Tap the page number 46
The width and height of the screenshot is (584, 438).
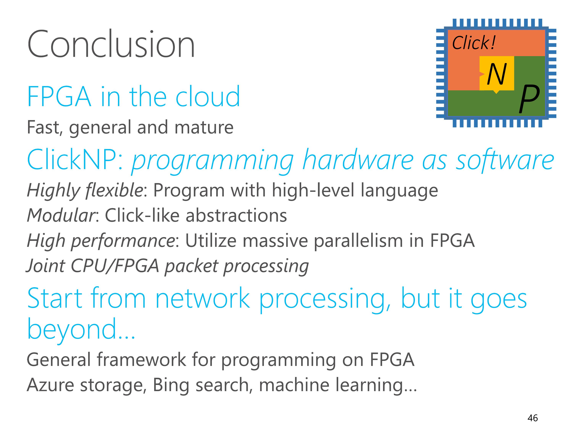click(x=532, y=418)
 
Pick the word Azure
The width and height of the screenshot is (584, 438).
click(x=50, y=385)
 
